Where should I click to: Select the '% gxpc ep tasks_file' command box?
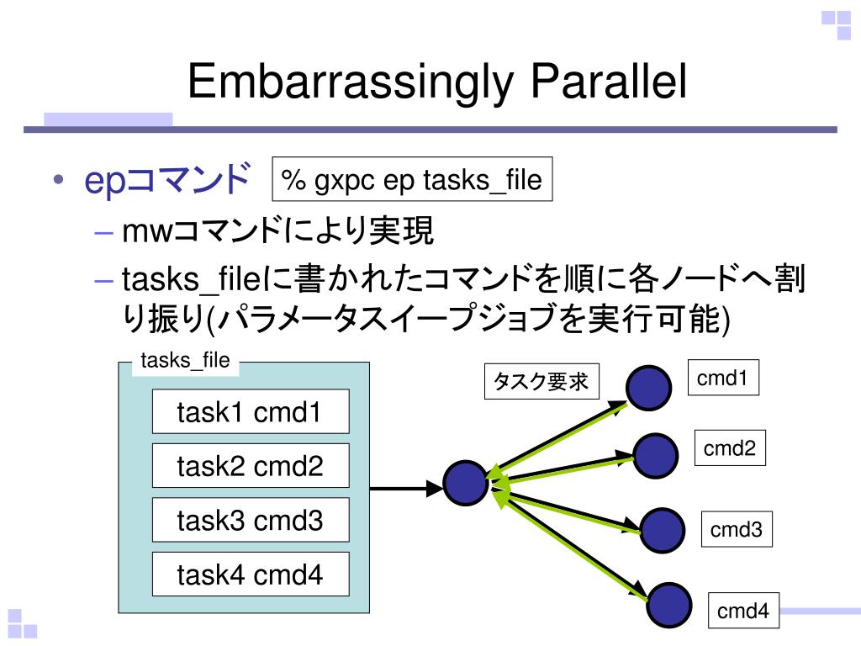[x=412, y=179]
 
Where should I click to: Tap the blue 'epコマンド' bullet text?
[x=167, y=180]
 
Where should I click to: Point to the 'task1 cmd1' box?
[x=250, y=412]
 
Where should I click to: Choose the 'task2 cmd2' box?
[x=250, y=466]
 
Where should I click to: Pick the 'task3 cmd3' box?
[x=250, y=521]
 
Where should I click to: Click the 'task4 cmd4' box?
[x=250, y=575]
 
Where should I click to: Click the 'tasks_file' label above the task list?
[x=185, y=361]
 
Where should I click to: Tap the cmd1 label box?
[x=722, y=379]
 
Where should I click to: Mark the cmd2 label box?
[x=729, y=449]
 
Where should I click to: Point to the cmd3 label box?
[x=736, y=530]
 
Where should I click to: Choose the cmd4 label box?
[x=742, y=612]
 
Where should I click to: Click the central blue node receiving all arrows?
[x=466, y=484]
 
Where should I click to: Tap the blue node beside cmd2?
[x=656, y=456]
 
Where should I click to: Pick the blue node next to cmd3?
[x=663, y=527]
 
